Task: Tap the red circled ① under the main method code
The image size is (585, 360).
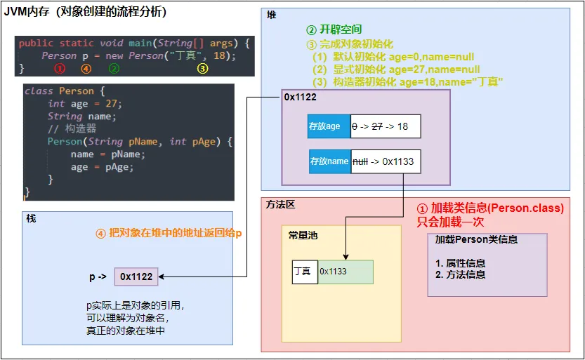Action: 60,69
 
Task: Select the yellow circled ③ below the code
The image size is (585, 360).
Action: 202,69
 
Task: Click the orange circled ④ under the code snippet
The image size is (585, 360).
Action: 86,69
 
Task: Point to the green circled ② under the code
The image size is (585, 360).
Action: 114,69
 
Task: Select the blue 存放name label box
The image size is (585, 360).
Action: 329,161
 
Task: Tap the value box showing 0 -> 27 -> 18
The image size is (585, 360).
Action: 384,126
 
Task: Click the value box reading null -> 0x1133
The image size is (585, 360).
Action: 386,161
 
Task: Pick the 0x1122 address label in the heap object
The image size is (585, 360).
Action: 301,98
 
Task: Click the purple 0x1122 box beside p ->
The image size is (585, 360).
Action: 136,276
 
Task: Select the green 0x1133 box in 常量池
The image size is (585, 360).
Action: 345,272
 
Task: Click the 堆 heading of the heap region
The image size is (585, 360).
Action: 272,15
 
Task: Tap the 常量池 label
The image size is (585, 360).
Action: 303,235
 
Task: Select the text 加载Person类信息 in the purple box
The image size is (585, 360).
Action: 476,239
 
